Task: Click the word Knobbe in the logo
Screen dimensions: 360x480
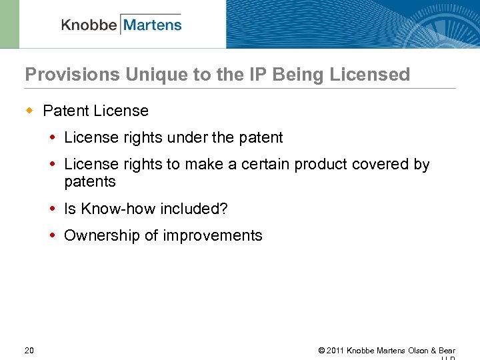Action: (89, 25)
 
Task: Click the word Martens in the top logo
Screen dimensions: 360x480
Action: (152, 25)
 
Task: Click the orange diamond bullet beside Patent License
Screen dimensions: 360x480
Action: (29, 110)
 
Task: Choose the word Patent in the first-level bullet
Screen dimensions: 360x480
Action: (66, 111)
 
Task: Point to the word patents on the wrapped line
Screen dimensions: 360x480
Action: (90, 182)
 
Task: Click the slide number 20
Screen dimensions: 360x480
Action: (29, 351)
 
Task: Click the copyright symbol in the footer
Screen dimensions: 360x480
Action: (321, 351)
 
